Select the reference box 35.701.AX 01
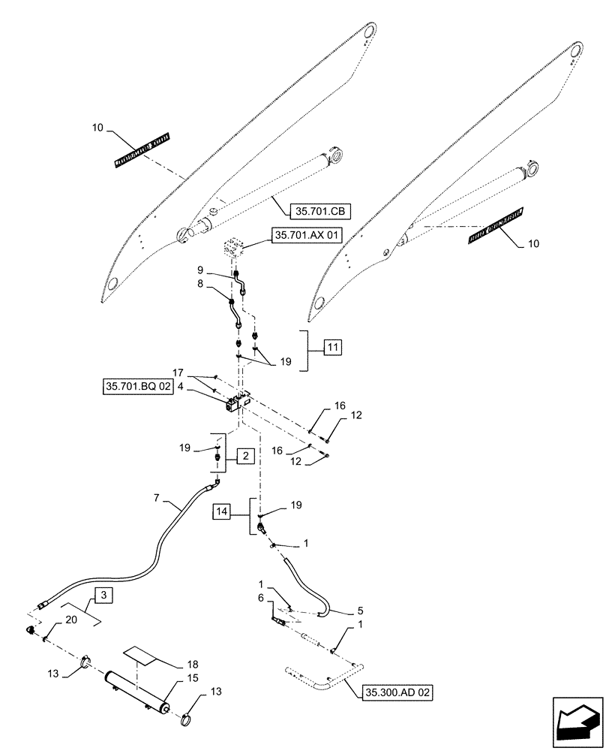(x=307, y=236)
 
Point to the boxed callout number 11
(x=332, y=347)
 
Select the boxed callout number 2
(x=244, y=456)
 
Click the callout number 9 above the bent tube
(x=201, y=269)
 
